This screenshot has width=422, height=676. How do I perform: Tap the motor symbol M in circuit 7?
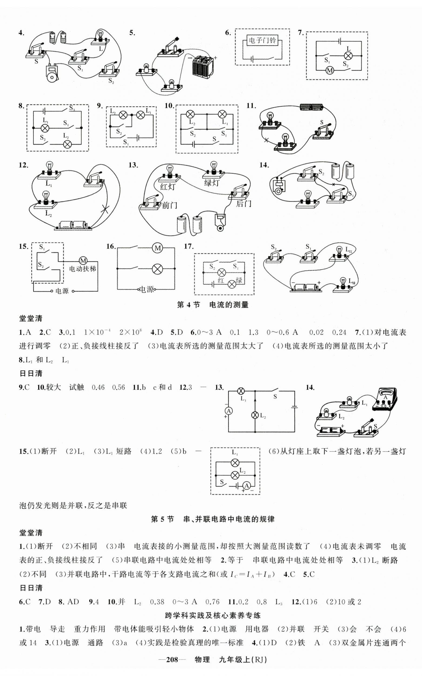(x=330, y=70)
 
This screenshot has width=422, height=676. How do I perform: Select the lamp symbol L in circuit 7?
(x=348, y=55)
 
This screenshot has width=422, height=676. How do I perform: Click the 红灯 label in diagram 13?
(x=168, y=186)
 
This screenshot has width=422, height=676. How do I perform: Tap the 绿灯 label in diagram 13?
(x=212, y=183)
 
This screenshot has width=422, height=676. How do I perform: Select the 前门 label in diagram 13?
(x=169, y=206)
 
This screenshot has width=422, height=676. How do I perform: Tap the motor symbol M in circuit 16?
(x=158, y=248)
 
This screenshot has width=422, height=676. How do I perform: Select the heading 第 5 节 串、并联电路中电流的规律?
(x=213, y=519)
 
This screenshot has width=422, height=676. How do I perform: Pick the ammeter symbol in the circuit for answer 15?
(x=246, y=486)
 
